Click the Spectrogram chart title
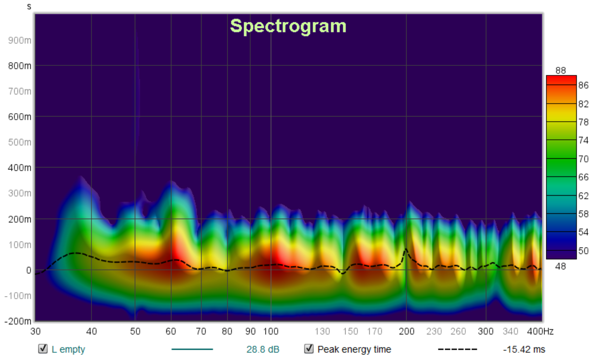tap(288, 26)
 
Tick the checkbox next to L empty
tap(43, 349)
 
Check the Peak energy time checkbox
tap(309, 349)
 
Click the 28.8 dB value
tap(260, 349)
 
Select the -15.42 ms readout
tap(524, 349)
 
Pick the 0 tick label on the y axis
tap(29, 270)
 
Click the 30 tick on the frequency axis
tap(35, 331)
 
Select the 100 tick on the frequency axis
tap(271, 331)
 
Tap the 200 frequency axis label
tap(407, 331)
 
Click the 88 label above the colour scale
tap(561, 70)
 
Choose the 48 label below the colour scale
tap(561, 266)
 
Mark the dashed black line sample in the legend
tap(457, 349)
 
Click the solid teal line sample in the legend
tap(192, 349)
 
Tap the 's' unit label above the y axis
tap(29, 7)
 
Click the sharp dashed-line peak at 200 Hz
tap(406, 249)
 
